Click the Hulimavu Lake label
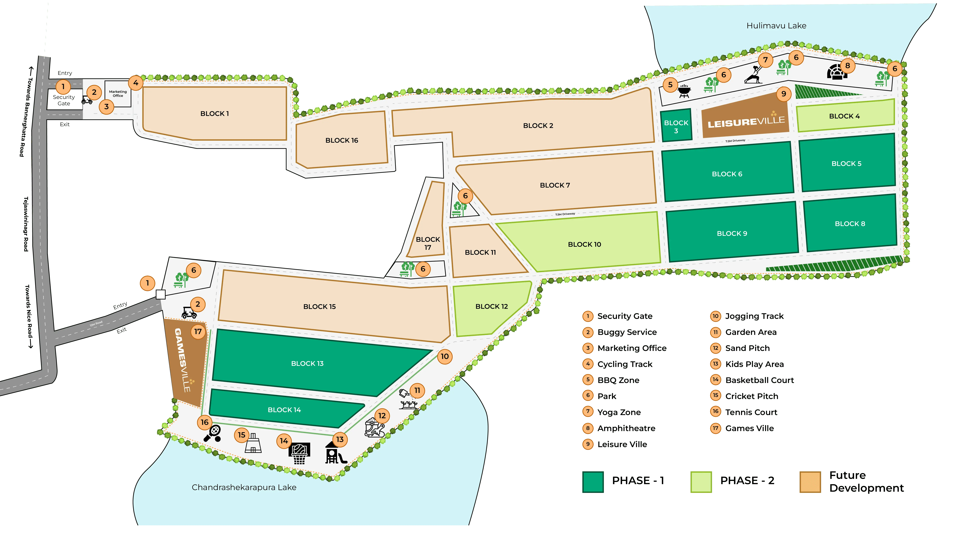tap(776, 26)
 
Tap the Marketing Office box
tap(118, 93)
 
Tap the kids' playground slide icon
tap(335, 453)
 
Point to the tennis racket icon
tap(213, 433)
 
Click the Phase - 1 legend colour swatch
tap(593, 482)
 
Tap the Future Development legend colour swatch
tap(810, 482)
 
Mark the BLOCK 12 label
tap(491, 306)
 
